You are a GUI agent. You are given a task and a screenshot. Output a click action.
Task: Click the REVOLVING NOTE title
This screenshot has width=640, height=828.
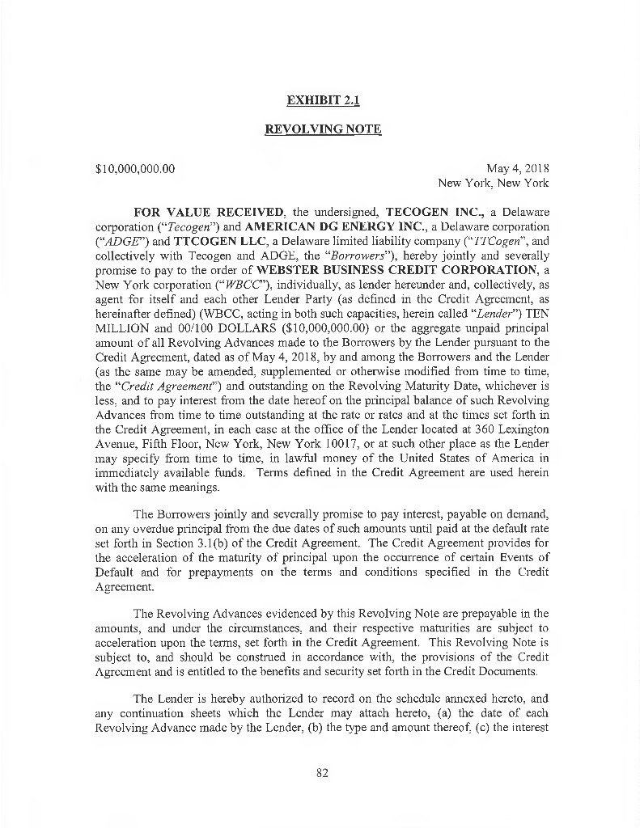(x=323, y=129)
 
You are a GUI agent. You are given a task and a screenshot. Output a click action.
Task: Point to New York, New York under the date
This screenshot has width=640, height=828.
(x=494, y=183)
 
